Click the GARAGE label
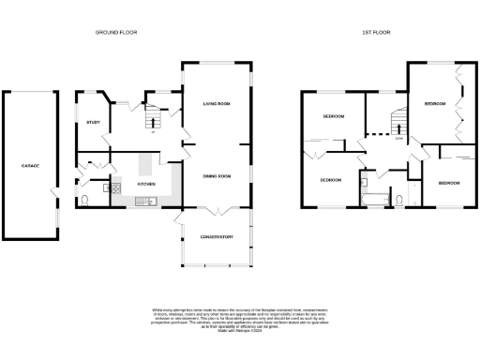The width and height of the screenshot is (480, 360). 31,166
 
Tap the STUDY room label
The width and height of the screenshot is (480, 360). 94,123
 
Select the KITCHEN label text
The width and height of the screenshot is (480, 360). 147,184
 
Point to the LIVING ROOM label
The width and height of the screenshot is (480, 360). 217,103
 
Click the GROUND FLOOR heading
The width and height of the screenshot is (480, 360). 115,33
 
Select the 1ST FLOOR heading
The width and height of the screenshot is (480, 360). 377,33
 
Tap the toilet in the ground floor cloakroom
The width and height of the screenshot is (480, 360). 86,199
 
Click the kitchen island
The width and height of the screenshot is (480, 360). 147,166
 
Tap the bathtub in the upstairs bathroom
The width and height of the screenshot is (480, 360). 373,198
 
